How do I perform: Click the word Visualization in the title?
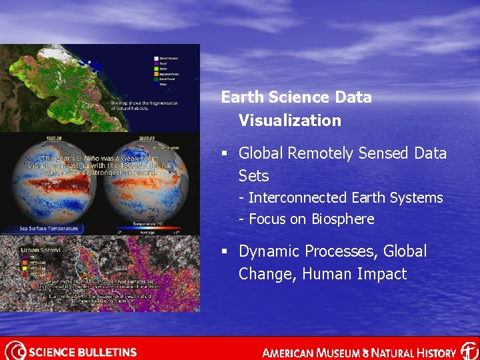(289, 121)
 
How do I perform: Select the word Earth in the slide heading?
(242, 97)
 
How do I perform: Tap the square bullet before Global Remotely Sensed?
(226, 154)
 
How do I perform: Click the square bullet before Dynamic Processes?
(226, 252)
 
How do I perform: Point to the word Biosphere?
(342, 219)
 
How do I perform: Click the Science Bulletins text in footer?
(83, 351)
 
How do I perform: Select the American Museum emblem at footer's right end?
(469, 351)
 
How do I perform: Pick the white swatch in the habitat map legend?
(155, 58)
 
